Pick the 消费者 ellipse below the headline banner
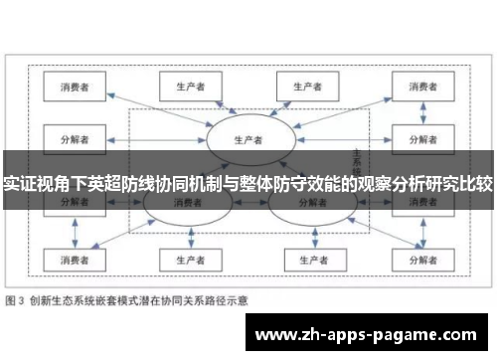tap(187, 203)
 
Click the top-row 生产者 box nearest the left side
tap(185, 88)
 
